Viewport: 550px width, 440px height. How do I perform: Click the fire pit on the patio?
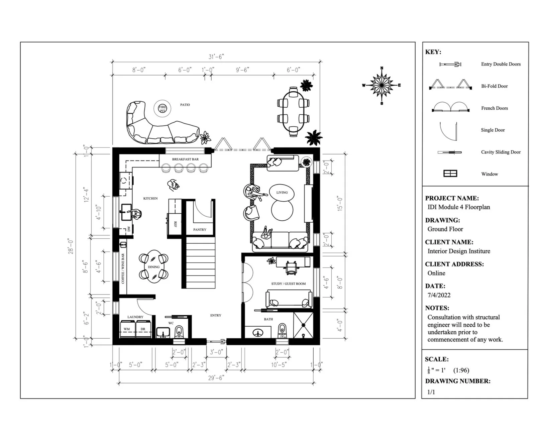click(x=162, y=108)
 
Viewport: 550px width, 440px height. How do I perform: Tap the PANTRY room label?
click(x=200, y=229)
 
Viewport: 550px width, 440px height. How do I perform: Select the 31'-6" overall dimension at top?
click(x=216, y=57)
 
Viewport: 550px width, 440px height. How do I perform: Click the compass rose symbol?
click(x=381, y=85)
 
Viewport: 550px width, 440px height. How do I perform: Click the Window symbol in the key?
click(x=450, y=174)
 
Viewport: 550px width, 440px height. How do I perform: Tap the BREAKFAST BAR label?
click(x=185, y=159)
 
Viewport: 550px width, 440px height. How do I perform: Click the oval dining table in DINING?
click(x=154, y=266)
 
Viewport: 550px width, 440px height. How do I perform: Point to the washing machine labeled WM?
click(x=127, y=329)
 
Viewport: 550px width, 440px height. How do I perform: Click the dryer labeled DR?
click(x=143, y=329)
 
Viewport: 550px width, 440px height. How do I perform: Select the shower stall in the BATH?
click(x=303, y=325)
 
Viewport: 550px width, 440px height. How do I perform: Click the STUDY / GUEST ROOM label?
click(x=288, y=284)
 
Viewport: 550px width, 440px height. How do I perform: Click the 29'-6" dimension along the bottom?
click(x=216, y=378)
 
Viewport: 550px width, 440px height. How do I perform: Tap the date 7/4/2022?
click(x=439, y=295)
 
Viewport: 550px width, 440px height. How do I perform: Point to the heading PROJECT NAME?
click(x=452, y=198)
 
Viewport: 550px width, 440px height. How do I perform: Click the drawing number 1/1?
click(x=431, y=392)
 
